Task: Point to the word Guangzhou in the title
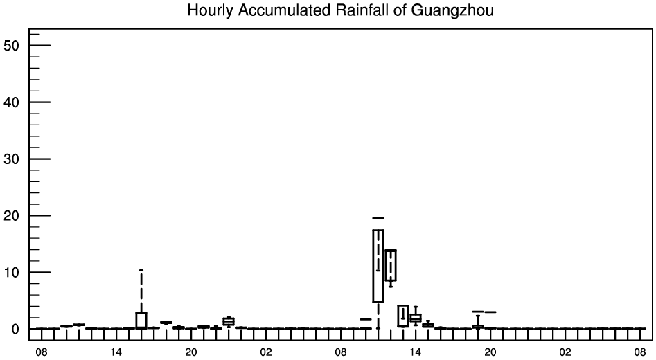coord(452,10)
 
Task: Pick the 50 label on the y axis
coord(11,46)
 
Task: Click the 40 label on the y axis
coord(11,102)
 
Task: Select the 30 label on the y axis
coord(11,159)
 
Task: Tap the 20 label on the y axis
coord(11,216)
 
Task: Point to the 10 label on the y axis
coord(11,273)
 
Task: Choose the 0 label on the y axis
coord(15,329)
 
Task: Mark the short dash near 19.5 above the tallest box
coord(378,218)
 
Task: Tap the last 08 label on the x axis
coord(639,352)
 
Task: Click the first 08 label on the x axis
coord(41,352)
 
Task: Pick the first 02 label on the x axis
coord(266,352)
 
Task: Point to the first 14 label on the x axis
coord(116,352)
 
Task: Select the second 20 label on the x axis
coord(490,352)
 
